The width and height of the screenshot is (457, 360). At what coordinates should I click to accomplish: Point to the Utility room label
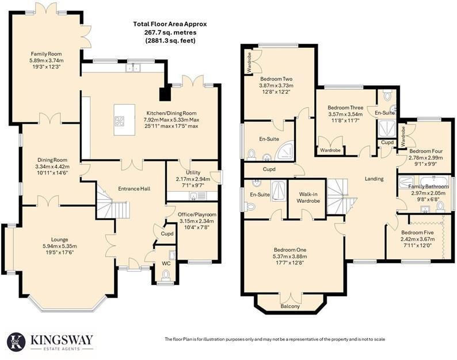(193, 173)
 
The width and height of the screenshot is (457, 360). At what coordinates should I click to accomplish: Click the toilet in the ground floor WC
(166, 275)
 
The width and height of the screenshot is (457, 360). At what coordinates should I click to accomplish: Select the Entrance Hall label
(134, 188)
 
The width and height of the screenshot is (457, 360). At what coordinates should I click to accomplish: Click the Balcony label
(291, 306)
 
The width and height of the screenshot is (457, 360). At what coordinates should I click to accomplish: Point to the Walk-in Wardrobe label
(307, 198)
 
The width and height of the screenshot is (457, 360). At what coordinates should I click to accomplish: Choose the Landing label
(374, 179)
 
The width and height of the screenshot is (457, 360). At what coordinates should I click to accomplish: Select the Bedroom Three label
(345, 108)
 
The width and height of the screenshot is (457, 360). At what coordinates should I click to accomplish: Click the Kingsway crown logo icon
(16, 342)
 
